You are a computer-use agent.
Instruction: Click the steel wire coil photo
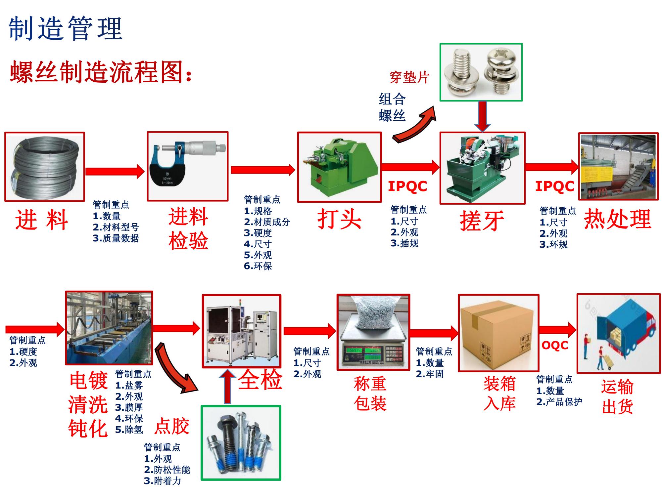pos(44,167)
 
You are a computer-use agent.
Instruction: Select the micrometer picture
pos(188,166)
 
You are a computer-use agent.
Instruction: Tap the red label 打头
pos(339,219)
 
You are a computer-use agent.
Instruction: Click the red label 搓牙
pos(482,221)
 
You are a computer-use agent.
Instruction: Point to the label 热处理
pos(617,219)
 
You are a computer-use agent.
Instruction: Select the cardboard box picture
pos(498,333)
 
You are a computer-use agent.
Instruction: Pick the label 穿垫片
pos(409,77)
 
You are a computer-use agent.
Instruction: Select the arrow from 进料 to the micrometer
pos(115,171)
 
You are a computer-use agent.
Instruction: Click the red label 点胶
pos(172,426)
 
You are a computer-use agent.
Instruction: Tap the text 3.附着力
pos(163,481)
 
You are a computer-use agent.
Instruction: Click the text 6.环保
pos(258,266)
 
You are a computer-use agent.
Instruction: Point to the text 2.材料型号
pos(116,227)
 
